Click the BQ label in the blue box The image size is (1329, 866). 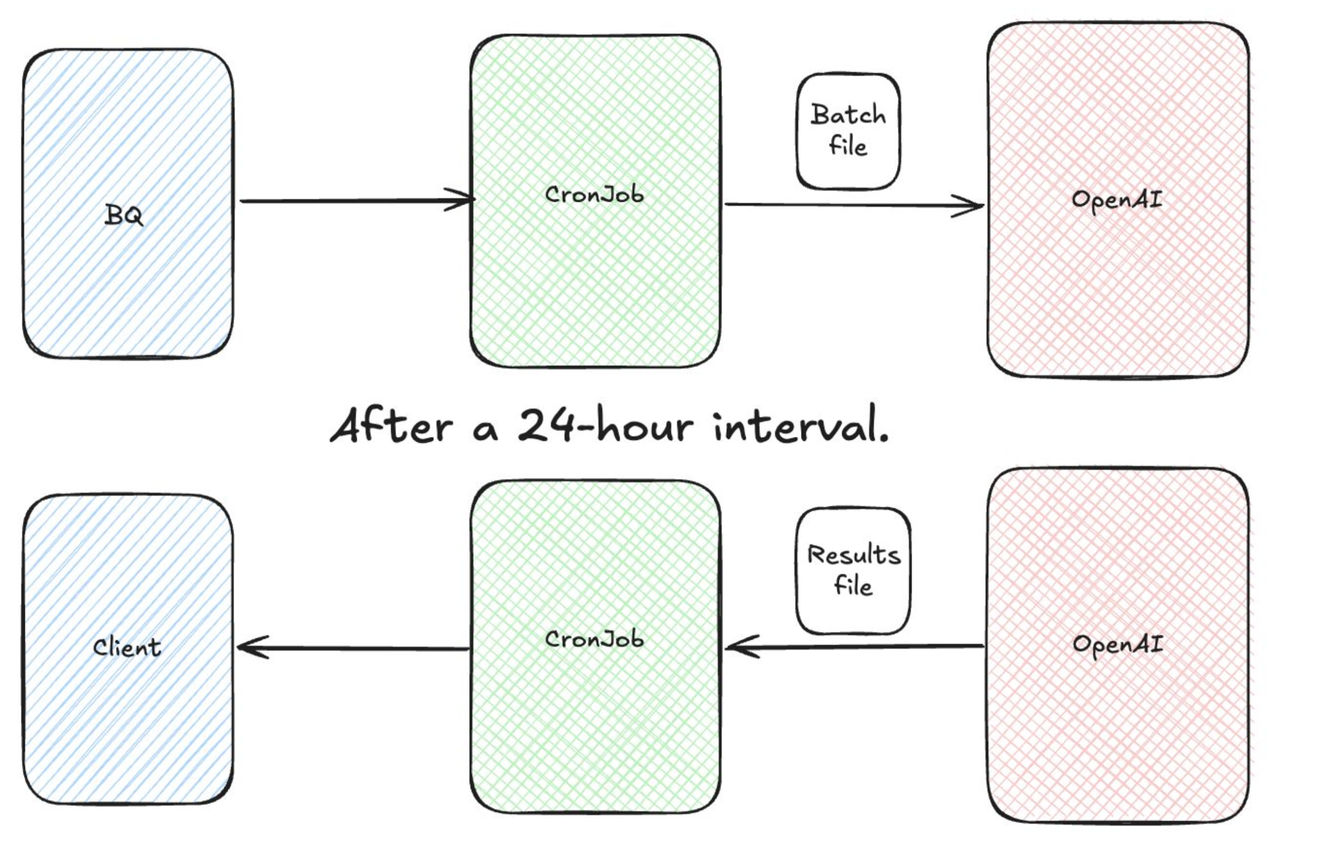(x=124, y=215)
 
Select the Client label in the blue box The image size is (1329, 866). (x=127, y=647)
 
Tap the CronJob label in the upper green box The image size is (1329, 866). (x=594, y=195)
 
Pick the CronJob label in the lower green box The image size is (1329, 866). (x=594, y=639)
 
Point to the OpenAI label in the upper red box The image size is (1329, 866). (x=1116, y=200)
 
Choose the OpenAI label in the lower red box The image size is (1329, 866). (x=1117, y=644)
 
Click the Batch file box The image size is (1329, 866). (x=848, y=131)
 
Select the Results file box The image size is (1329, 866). (x=853, y=570)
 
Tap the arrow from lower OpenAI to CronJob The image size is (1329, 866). (x=855, y=647)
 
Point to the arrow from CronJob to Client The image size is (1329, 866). (x=353, y=648)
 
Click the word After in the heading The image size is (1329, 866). (x=392, y=425)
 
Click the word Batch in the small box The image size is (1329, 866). (x=848, y=115)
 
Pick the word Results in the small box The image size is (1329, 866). (x=853, y=555)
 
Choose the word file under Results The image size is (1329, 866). (x=853, y=586)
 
